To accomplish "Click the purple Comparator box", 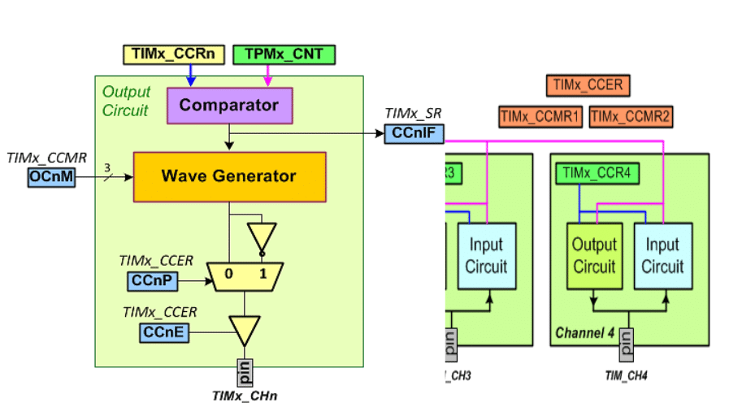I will [x=228, y=106].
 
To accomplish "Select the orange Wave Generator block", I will [x=228, y=176].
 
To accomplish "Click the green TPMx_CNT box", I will [x=284, y=55].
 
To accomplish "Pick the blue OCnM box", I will [x=51, y=178].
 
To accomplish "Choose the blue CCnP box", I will [x=152, y=281].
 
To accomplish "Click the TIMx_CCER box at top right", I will [x=588, y=85].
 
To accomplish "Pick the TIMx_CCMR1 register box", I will [x=540, y=117].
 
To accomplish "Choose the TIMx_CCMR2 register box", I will [x=631, y=117].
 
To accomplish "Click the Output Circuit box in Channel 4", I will [x=594, y=256].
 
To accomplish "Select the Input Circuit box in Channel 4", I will [x=662, y=256].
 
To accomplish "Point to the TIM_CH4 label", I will [x=626, y=375].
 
